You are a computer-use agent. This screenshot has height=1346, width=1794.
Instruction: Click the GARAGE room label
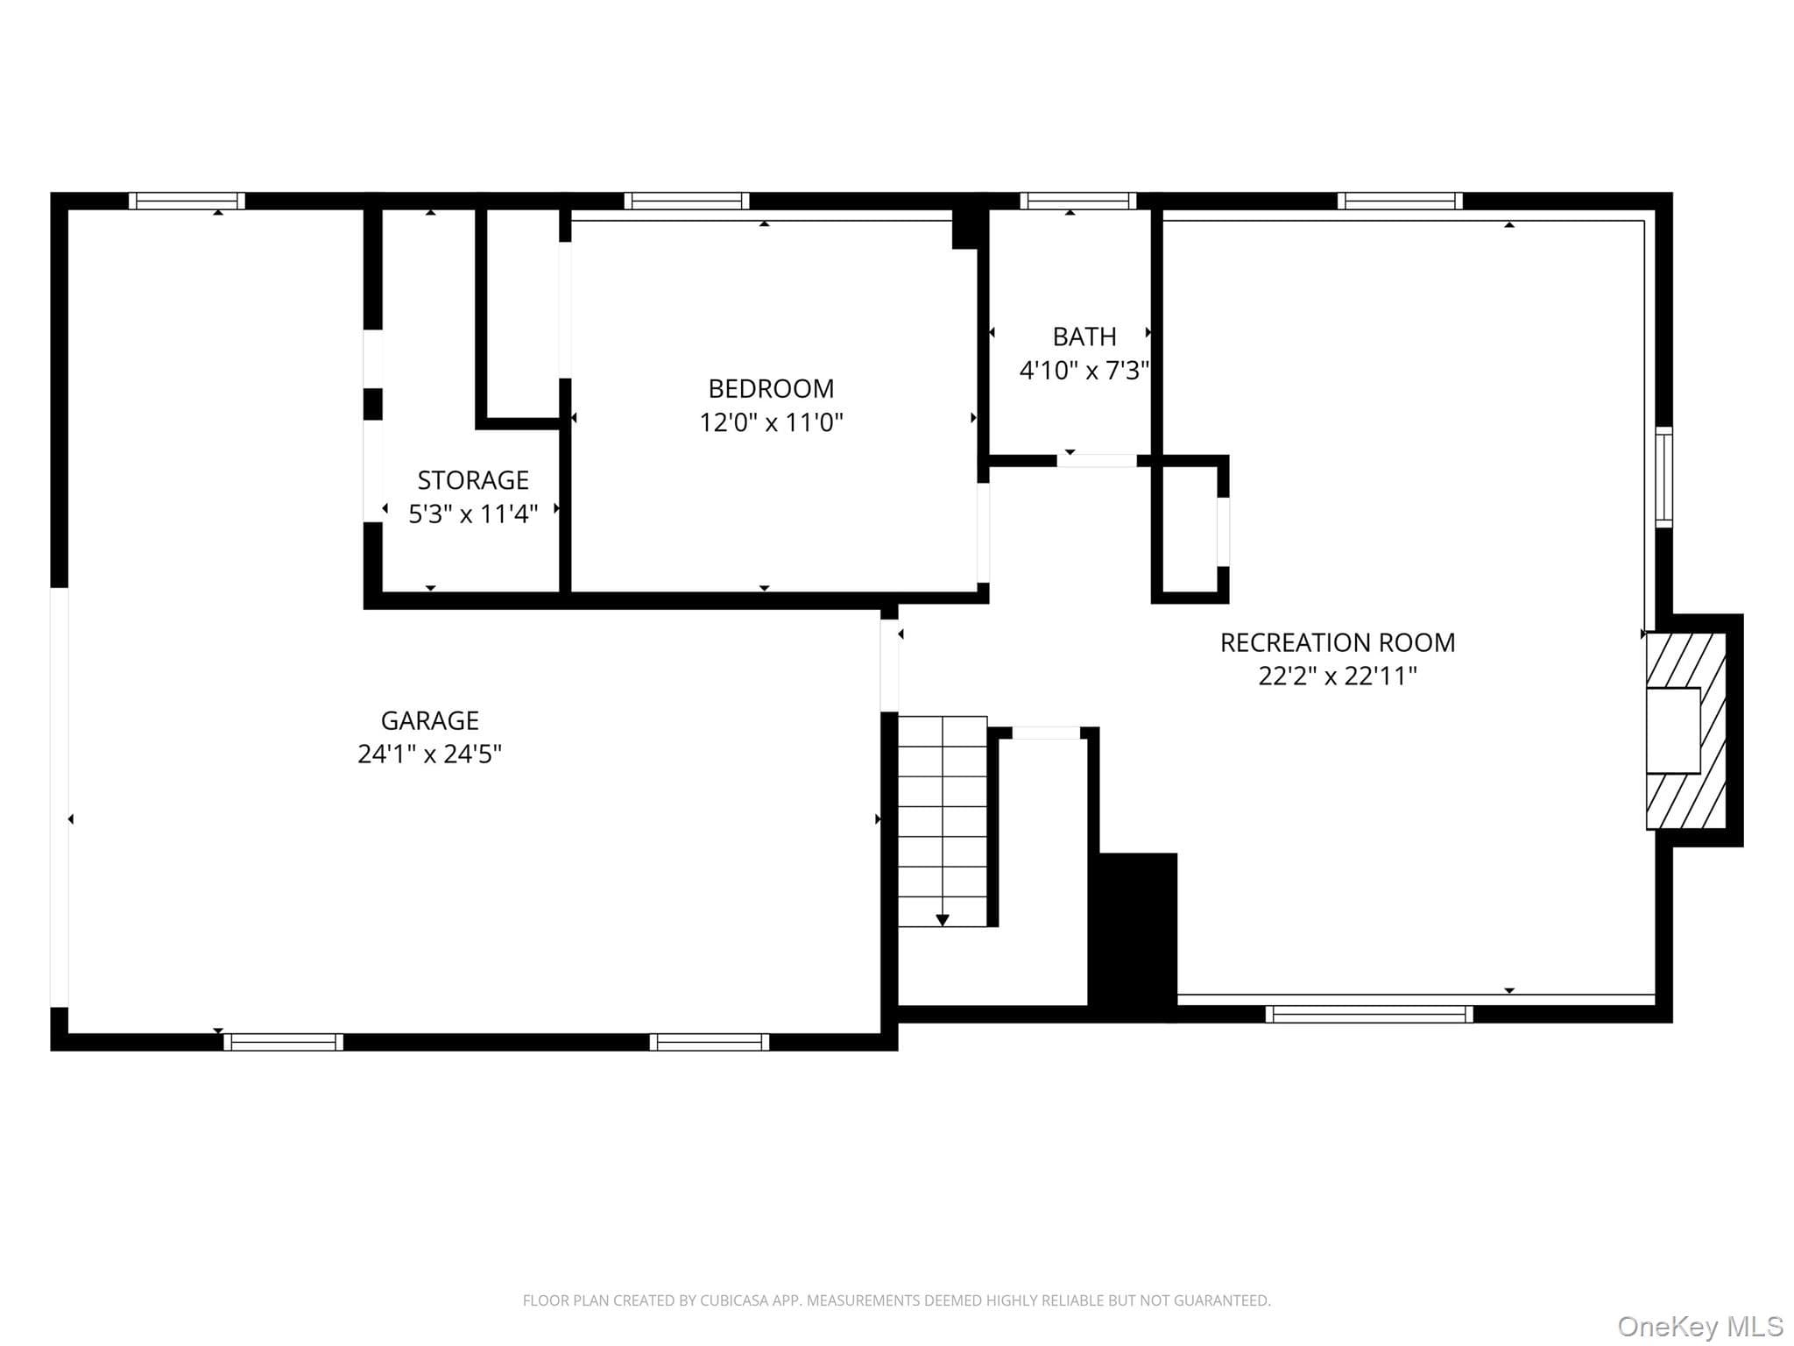pos(429,720)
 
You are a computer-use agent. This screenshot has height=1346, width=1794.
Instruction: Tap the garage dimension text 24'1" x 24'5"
pos(429,754)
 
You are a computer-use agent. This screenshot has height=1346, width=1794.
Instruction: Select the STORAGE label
pos(473,480)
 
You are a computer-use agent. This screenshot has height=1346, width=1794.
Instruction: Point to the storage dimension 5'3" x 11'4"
pos(473,514)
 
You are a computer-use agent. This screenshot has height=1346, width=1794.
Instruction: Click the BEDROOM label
pos(771,388)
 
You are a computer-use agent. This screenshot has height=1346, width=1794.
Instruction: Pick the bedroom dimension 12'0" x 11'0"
pos(771,422)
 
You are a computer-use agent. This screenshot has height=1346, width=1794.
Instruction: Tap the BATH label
pos(1084,336)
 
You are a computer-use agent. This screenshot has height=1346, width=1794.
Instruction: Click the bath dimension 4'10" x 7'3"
pos(1084,370)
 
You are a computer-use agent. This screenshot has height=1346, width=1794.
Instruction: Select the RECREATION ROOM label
pos(1338,642)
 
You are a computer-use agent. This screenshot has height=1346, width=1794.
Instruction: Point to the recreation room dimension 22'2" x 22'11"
pos(1338,676)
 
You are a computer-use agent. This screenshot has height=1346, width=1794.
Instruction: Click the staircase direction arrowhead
pos(943,920)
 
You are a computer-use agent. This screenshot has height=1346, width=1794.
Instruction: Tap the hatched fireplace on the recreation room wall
pos(1686,731)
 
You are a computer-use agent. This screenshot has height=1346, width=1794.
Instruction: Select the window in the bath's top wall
pos(1078,201)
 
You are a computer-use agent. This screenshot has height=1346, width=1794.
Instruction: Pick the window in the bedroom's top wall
pos(687,201)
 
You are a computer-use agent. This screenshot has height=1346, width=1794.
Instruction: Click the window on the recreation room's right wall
pos(1663,478)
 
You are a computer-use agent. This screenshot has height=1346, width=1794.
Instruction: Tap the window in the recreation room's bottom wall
pos(1369,1014)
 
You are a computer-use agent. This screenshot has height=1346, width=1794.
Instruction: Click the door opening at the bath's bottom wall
pos(1097,461)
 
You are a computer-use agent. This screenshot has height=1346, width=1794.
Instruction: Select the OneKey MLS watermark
pos(1700,1326)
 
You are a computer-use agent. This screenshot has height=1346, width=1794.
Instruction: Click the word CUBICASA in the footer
pos(734,1300)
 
